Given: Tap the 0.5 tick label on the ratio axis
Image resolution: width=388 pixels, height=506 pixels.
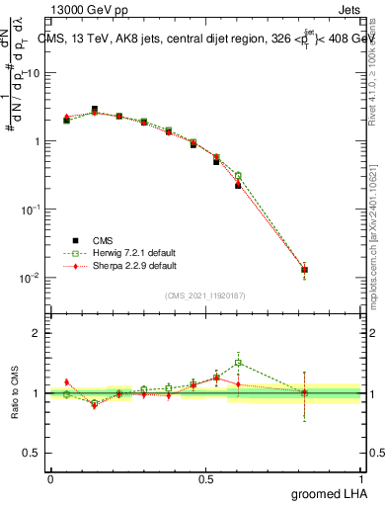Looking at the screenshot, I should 33,453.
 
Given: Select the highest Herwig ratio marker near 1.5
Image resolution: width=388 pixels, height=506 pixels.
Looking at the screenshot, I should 238,363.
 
